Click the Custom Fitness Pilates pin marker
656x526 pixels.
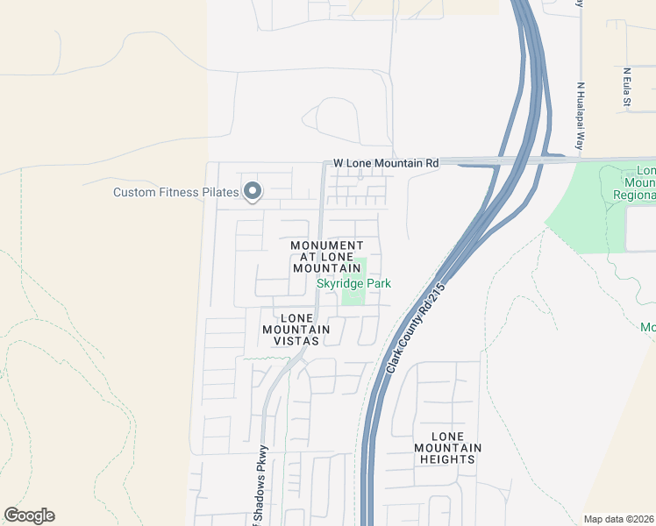[253, 190]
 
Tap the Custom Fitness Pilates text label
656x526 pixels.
[175, 192]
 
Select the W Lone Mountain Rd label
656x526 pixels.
[386, 163]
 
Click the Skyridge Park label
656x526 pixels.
[353, 283]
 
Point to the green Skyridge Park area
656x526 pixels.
[353, 296]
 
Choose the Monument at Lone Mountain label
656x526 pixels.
[326, 256]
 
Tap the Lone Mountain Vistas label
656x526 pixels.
[296, 329]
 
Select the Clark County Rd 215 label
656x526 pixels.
[417, 325]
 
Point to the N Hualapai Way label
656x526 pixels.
[580, 118]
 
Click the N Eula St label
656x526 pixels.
[627, 89]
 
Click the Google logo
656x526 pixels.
[29, 515]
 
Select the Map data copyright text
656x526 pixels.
[619, 518]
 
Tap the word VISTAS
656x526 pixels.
[296, 340]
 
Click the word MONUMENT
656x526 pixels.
[326, 245]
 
